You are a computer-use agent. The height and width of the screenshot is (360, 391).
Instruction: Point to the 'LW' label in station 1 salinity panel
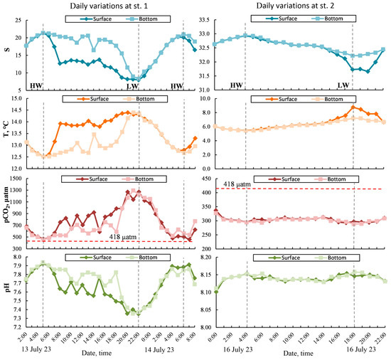tap(132, 85)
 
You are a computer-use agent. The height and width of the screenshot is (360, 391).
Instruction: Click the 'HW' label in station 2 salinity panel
tap(237, 85)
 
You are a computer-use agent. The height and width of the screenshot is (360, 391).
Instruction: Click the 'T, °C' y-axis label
tap(6, 132)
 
